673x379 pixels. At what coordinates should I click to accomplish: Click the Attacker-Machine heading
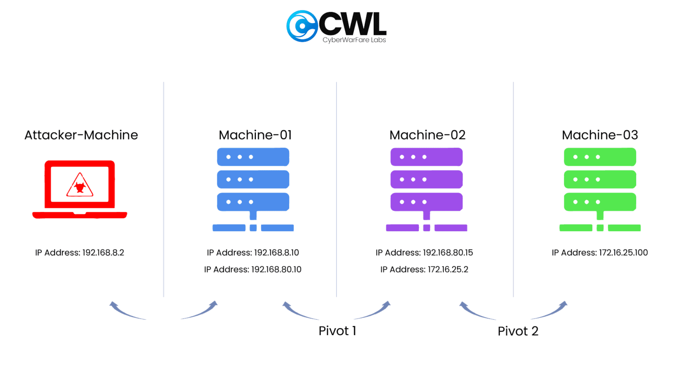pyautogui.click(x=81, y=135)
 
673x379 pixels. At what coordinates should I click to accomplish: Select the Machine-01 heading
pyautogui.click(x=255, y=135)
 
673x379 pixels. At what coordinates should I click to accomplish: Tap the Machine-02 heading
pyautogui.click(x=427, y=135)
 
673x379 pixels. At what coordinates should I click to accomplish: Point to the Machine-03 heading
pyautogui.click(x=600, y=135)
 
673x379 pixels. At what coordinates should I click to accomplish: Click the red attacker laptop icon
pyautogui.click(x=80, y=189)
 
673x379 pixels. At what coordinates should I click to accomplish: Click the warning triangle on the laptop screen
pyautogui.click(x=80, y=186)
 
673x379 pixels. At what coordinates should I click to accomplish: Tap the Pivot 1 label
pyautogui.click(x=337, y=331)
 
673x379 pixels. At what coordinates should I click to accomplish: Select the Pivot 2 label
pyautogui.click(x=518, y=331)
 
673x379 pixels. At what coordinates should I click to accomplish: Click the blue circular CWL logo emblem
pyautogui.click(x=302, y=26)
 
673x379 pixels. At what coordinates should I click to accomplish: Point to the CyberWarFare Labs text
pyautogui.click(x=354, y=40)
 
